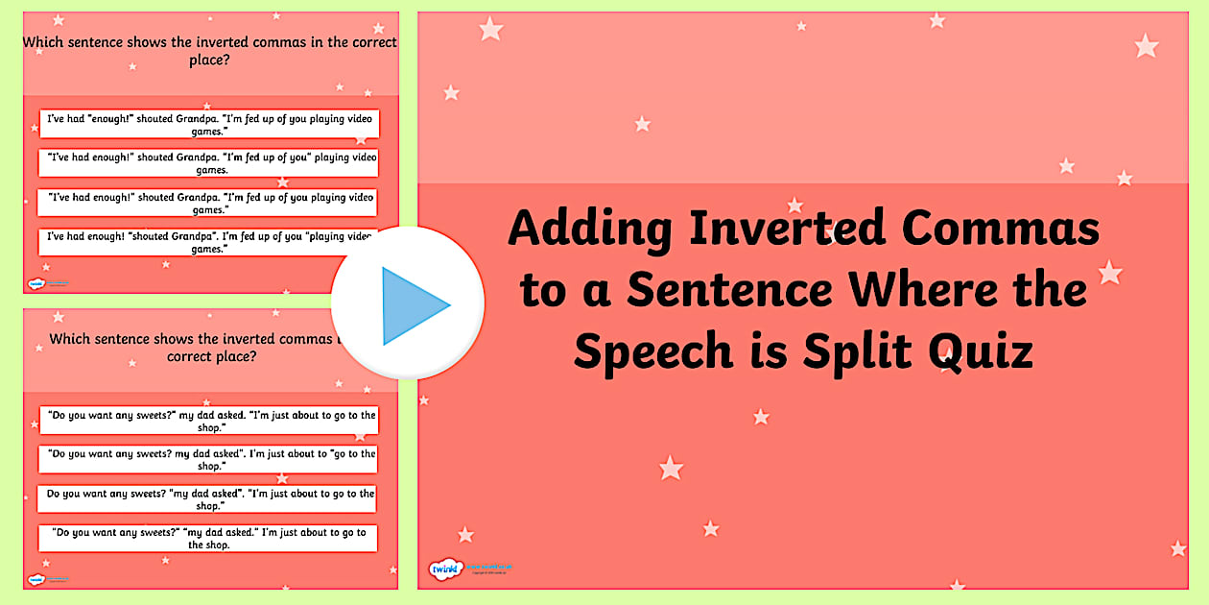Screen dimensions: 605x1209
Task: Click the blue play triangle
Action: (x=413, y=305)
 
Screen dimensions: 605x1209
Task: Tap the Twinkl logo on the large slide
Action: (x=445, y=569)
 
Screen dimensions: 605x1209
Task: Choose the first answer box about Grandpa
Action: (x=208, y=124)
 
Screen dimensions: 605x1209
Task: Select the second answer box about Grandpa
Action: (x=208, y=163)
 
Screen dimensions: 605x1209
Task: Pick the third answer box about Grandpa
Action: (x=208, y=203)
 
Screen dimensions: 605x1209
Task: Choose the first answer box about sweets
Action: (x=208, y=421)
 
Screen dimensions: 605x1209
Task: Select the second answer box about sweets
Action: (x=208, y=459)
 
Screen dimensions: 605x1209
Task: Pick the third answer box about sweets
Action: (x=208, y=499)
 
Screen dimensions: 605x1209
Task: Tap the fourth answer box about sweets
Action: (x=208, y=538)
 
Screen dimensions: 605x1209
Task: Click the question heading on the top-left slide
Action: (x=209, y=51)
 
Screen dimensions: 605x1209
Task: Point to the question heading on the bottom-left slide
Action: (x=192, y=348)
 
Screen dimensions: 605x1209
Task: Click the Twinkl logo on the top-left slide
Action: (x=36, y=283)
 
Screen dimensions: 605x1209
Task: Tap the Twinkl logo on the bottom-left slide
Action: (x=36, y=579)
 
